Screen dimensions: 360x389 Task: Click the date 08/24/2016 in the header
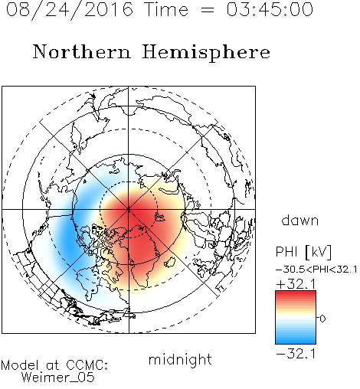[x=70, y=10]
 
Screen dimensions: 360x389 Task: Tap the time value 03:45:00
[x=270, y=9]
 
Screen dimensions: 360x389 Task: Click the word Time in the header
[x=166, y=9]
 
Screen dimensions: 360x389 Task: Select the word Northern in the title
[x=82, y=52]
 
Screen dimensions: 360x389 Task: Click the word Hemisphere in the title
[x=206, y=53]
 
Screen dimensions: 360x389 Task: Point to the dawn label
[x=300, y=220]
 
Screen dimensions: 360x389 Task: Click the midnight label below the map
[x=180, y=359]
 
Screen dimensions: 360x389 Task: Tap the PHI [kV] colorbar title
[x=303, y=252]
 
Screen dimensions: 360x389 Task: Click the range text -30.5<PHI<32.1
[x=316, y=270]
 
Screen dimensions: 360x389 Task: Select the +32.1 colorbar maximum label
[x=296, y=284]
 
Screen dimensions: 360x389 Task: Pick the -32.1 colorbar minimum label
[x=296, y=354]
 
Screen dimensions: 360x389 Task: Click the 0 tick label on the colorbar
[x=322, y=319]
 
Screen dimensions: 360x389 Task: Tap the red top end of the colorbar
[x=296, y=293]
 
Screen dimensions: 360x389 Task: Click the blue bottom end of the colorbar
[x=296, y=341]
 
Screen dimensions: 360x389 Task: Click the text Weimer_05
[x=58, y=378]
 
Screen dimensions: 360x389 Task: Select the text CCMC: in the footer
[x=87, y=365]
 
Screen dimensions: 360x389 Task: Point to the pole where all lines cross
[x=129, y=209]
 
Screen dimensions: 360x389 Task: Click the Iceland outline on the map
[x=170, y=262]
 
